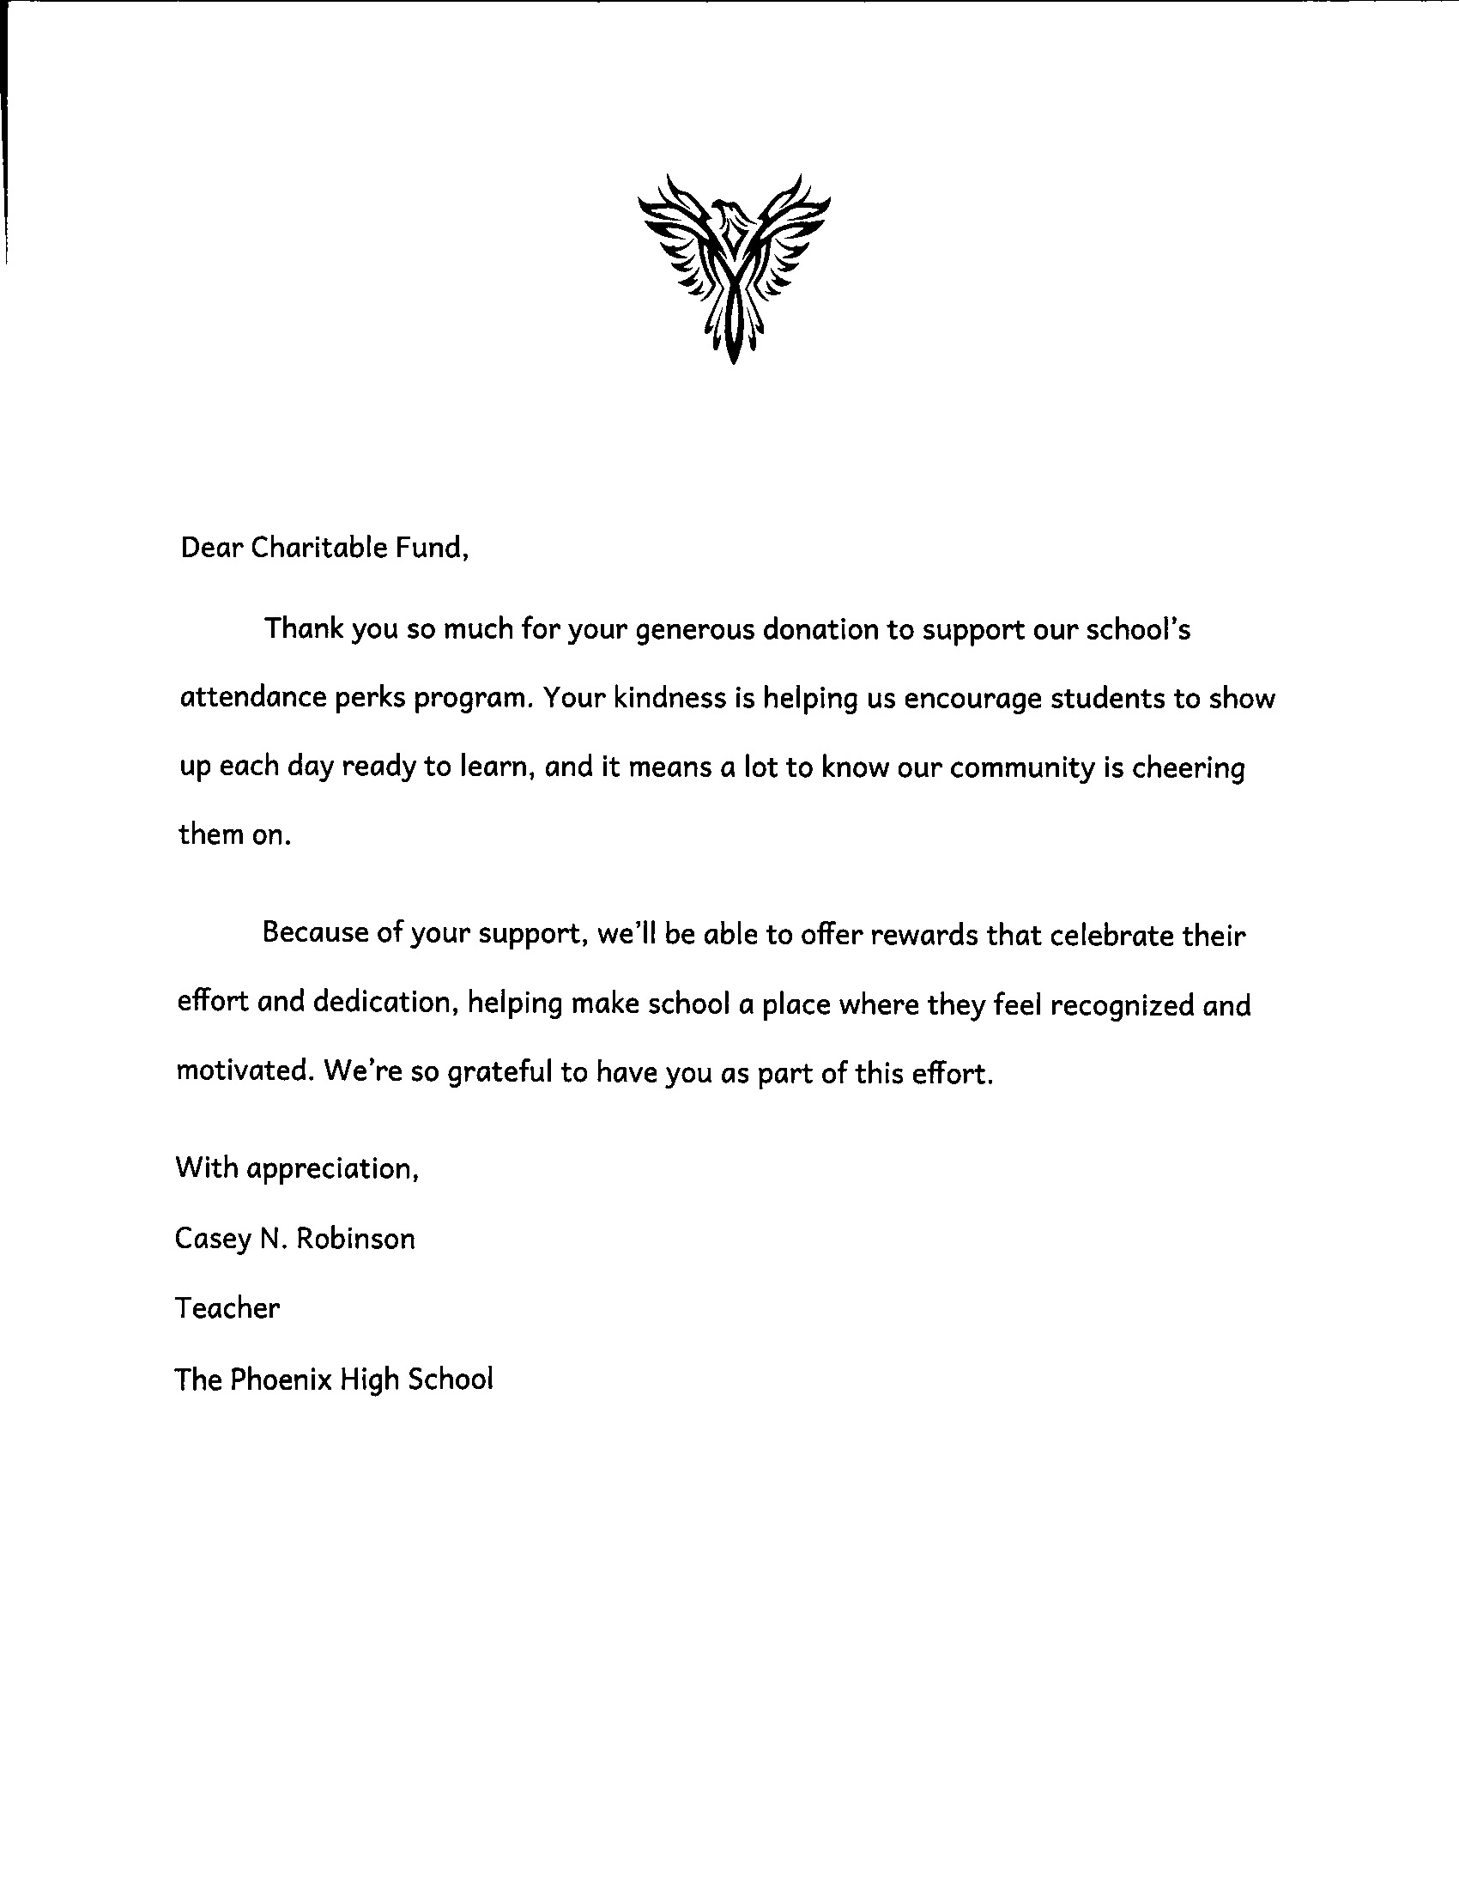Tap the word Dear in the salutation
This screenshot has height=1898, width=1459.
(211, 549)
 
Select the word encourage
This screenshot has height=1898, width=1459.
(972, 700)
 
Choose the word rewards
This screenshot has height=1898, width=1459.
(927, 935)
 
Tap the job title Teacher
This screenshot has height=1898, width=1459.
(227, 1308)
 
